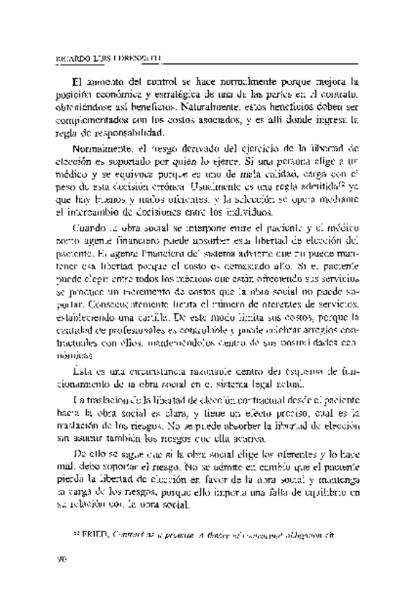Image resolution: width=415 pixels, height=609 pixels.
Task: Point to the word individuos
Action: click(x=246, y=213)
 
